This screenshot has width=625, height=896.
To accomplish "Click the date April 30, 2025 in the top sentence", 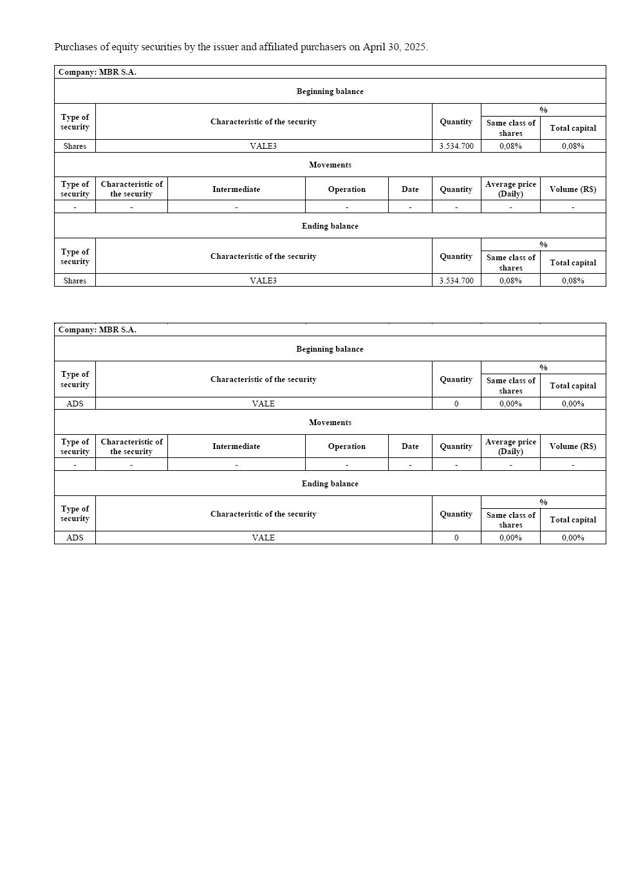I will [395, 47].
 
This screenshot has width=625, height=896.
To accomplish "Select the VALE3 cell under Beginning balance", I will [263, 146].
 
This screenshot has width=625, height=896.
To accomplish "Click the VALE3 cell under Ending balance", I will [263, 281].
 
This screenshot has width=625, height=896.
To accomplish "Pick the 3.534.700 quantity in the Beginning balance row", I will [456, 146].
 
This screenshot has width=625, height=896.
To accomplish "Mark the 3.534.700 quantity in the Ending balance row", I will [456, 281].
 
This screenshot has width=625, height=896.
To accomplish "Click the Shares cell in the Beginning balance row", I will [75, 146].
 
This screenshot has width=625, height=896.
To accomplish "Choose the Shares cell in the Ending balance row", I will [75, 281].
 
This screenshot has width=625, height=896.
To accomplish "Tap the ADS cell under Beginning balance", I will [75, 404].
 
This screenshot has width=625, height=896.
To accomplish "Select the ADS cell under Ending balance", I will [75, 538].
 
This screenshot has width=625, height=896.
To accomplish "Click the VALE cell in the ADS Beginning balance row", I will [263, 404].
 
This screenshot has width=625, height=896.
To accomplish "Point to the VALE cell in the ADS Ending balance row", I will [263, 538].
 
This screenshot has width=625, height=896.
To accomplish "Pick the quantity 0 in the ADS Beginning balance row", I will [456, 404].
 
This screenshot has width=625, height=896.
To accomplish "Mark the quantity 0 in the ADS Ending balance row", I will [456, 538].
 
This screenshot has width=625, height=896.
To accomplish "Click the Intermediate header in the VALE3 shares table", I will [236, 189].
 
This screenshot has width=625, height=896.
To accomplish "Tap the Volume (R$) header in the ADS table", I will [573, 446].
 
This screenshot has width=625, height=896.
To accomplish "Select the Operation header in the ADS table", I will [347, 446].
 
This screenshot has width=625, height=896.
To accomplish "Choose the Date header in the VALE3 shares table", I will [410, 189].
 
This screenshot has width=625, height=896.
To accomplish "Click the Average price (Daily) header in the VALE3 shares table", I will [510, 189].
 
